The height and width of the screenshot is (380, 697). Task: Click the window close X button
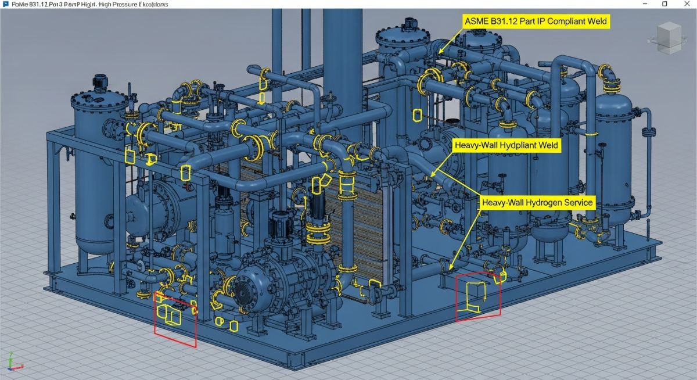pyautogui.click(x=687, y=4)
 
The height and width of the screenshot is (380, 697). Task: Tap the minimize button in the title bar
pyautogui.click(x=645, y=4)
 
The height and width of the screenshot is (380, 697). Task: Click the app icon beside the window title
pyautogui.click(x=6, y=4)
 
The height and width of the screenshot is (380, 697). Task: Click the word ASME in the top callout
pyautogui.click(x=476, y=21)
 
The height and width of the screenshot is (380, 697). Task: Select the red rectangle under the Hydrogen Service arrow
pyautogui.click(x=478, y=296)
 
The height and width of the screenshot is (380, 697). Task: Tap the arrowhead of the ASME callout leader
pyautogui.click(x=440, y=53)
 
